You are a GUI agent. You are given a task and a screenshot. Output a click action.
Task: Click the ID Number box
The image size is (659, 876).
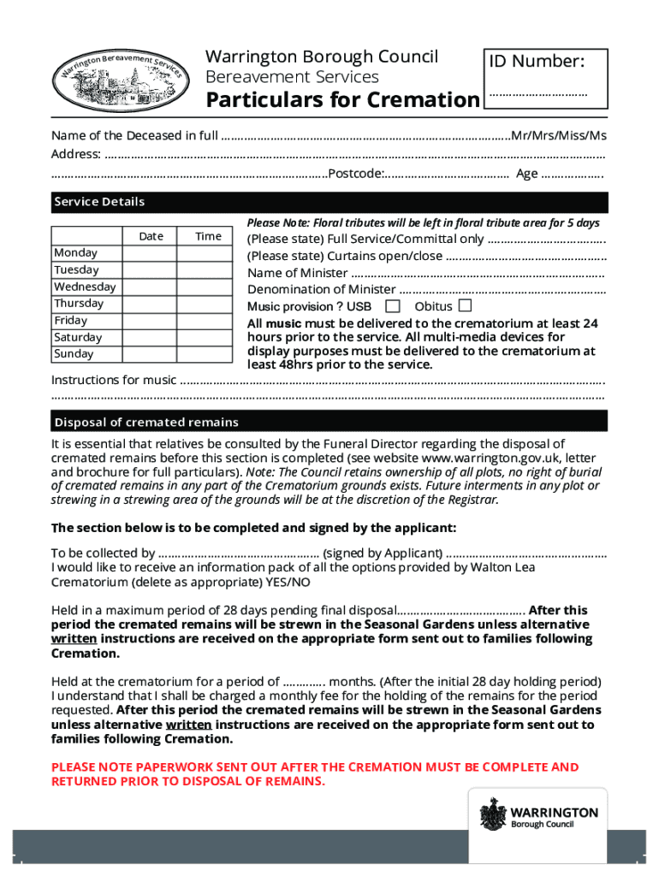[x=546, y=78]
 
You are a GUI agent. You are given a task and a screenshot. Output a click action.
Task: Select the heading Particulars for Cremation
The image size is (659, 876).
[x=342, y=100]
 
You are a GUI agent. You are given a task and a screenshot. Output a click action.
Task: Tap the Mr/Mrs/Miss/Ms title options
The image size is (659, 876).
[x=559, y=135]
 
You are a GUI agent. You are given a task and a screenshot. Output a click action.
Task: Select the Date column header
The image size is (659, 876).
[x=151, y=236]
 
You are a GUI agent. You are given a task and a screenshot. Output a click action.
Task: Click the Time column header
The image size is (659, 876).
[x=208, y=236]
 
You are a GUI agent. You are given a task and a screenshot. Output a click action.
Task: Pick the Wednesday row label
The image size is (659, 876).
[x=85, y=287]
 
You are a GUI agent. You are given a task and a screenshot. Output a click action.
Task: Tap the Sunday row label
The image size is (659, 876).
[x=75, y=353]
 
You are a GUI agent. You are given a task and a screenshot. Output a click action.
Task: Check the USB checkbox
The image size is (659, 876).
[x=393, y=306]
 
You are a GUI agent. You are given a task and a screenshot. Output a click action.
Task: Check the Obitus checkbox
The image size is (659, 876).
[x=465, y=305]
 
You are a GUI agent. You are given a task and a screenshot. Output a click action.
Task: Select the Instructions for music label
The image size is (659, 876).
[x=114, y=380]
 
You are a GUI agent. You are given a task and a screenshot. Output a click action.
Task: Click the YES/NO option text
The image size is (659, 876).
[x=289, y=582]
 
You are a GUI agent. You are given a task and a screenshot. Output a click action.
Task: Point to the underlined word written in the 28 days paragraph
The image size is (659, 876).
[x=74, y=638]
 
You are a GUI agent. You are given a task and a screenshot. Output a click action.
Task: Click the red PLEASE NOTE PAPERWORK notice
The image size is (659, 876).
[x=315, y=774]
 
